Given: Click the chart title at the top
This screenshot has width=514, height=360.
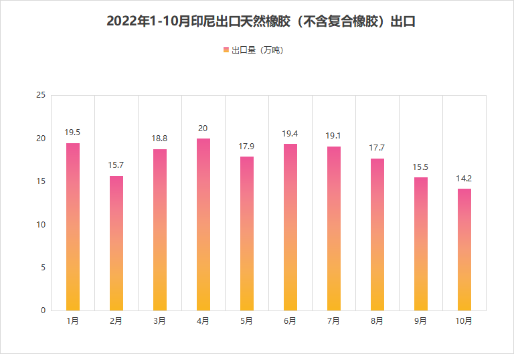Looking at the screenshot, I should click(262, 21).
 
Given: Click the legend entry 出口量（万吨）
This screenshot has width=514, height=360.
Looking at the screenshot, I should click(257, 50).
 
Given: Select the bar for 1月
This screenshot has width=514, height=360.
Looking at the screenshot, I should click(73, 227).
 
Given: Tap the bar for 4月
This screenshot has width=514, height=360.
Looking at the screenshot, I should click(203, 224).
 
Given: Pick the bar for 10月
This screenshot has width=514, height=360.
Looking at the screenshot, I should click(464, 250).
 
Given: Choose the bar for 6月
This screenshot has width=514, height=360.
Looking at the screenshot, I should click(290, 227).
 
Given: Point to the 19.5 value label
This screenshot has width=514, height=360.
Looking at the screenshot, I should click(73, 132).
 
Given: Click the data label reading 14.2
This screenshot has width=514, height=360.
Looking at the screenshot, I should click(464, 178).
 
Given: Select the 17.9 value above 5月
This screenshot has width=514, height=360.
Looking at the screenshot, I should click(247, 146).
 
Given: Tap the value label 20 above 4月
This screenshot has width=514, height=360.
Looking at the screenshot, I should click(203, 128).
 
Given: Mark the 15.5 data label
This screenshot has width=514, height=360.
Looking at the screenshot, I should click(421, 167).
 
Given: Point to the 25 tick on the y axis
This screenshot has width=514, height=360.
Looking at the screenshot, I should click(41, 96).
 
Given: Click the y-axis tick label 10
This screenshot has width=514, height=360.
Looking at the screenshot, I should click(41, 224).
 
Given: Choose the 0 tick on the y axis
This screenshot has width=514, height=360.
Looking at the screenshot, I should click(43, 310).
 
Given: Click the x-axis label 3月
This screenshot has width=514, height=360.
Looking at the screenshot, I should click(160, 321).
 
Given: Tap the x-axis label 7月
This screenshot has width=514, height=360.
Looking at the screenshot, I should click(334, 321).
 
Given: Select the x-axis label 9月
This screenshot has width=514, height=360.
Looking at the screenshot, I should click(421, 321).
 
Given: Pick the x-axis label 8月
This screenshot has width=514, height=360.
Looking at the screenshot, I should click(377, 321).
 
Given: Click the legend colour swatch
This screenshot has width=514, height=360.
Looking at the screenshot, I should click(226, 50).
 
